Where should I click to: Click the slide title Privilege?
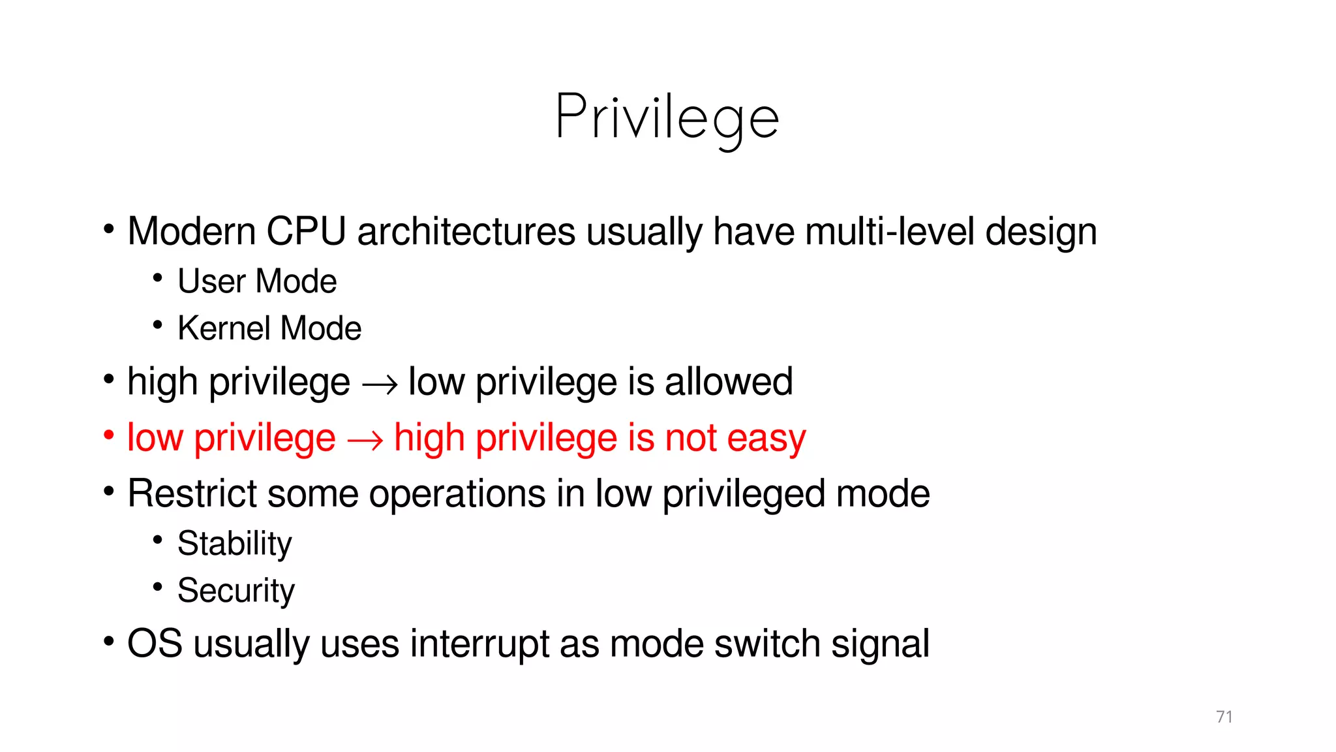(667, 117)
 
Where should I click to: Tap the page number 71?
(1224, 717)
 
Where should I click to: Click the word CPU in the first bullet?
(306, 232)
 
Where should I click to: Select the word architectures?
(466, 232)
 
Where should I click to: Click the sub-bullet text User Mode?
(257, 281)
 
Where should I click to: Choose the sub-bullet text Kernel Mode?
(269, 328)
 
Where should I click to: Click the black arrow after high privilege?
(379, 384)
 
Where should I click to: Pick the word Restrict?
(192, 493)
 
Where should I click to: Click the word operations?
(457, 493)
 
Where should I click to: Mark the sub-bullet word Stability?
(235, 544)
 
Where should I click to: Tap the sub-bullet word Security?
(236, 591)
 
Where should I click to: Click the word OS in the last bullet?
(155, 644)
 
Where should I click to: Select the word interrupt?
(479, 644)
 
